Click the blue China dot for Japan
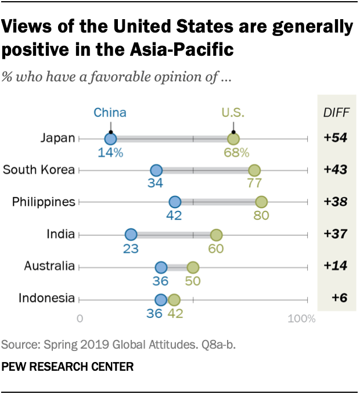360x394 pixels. (x=110, y=138)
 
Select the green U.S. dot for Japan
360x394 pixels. (x=233, y=138)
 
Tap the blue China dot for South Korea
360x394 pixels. (x=156, y=170)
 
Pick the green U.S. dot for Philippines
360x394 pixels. (x=261, y=202)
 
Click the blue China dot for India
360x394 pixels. (x=131, y=235)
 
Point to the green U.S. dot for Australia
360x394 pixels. (x=193, y=267)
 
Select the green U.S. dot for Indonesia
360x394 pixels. (x=174, y=299)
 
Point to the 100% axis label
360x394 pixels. (x=301, y=319)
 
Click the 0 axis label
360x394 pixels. (x=80, y=319)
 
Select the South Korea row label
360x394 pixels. (x=39, y=170)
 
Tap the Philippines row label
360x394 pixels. (x=44, y=202)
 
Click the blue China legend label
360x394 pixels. (x=110, y=113)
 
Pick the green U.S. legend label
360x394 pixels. (x=233, y=113)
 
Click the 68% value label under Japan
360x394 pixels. (x=235, y=153)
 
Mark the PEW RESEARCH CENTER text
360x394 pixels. (x=68, y=367)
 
